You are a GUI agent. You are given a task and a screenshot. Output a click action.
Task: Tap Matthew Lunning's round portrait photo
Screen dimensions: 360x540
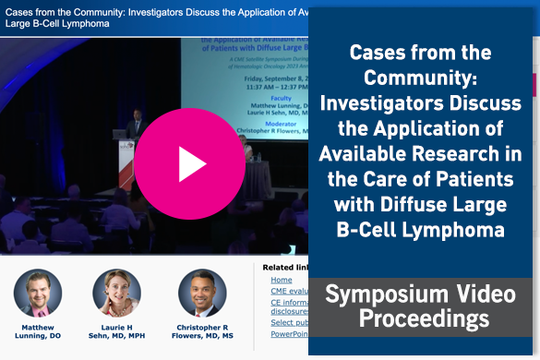pos(38,294)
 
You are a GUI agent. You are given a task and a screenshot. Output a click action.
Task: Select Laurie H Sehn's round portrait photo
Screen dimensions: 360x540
pos(117,294)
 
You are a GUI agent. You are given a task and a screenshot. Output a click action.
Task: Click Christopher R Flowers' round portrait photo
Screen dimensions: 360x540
pos(202,294)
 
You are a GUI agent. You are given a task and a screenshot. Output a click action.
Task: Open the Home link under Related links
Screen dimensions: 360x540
pos(282,280)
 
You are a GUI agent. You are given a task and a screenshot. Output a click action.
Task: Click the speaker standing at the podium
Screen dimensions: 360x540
pos(136,126)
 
